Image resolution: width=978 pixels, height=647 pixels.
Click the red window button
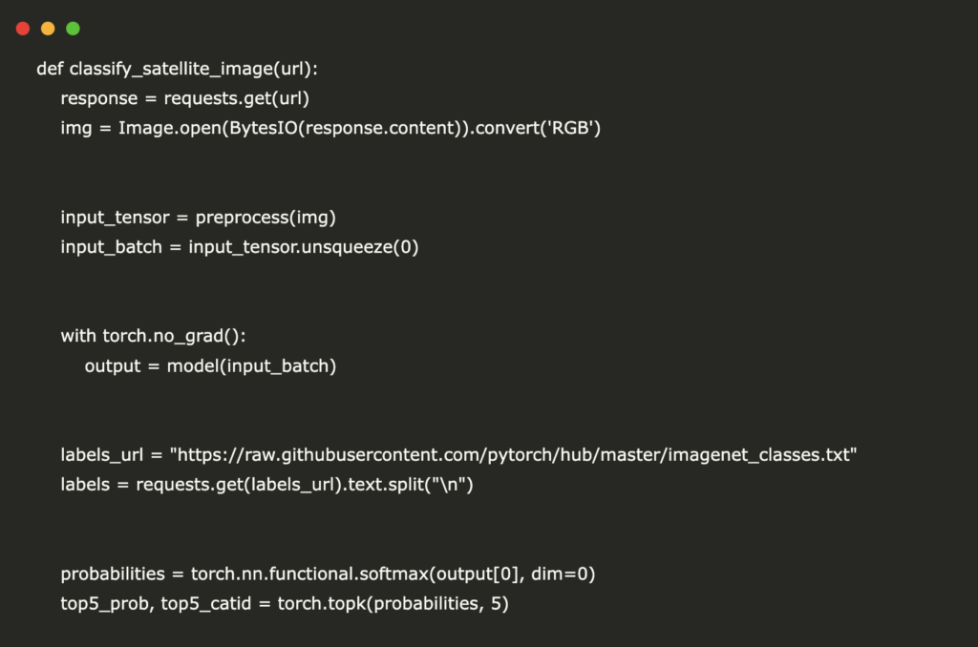tap(23, 29)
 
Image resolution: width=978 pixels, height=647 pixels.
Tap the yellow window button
tap(48, 29)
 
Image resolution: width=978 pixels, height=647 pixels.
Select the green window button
tap(73, 29)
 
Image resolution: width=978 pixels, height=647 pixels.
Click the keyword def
tap(50, 69)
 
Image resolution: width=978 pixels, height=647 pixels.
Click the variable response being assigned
tap(99, 98)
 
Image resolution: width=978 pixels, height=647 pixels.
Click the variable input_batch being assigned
tap(111, 247)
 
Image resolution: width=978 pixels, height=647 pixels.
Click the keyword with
tap(78, 336)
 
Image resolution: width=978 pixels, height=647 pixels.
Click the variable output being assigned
tap(113, 366)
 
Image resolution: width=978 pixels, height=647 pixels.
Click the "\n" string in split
tap(449, 485)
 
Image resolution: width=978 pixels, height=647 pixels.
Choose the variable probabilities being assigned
tap(113, 574)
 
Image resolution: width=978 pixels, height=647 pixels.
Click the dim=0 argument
tap(559, 574)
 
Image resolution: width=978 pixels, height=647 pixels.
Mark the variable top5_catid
tap(206, 604)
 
